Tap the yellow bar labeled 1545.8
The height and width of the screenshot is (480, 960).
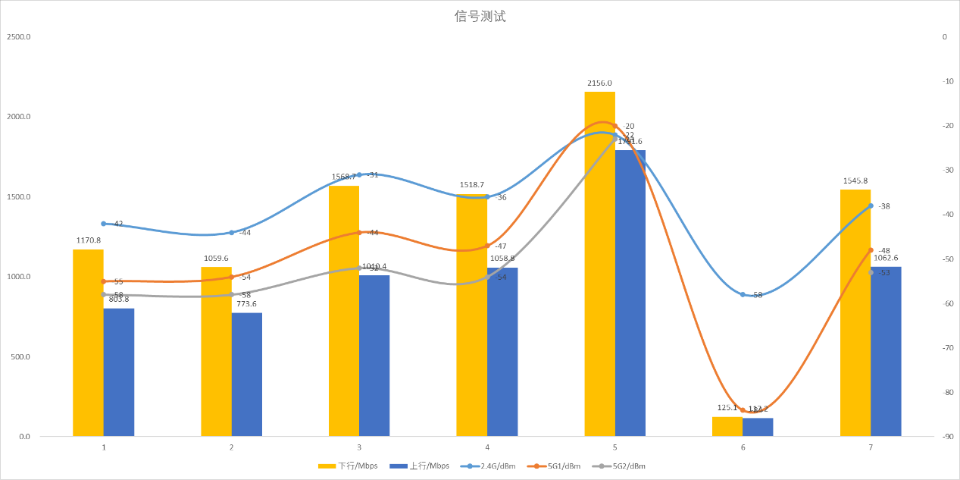pos(855,312)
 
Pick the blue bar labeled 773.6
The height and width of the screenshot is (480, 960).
pos(247,375)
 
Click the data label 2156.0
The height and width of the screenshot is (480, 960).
pos(599,83)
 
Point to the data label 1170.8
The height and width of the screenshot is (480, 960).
pos(88,240)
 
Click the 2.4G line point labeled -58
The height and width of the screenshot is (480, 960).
pos(743,294)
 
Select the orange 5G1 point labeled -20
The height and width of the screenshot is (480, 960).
pos(614,126)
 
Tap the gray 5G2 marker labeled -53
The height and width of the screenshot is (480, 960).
pos(871,272)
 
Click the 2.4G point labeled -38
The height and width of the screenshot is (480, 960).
pos(871,205)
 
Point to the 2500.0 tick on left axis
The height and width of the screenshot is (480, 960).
pos(17,36)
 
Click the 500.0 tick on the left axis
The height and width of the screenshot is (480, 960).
pos(20,357)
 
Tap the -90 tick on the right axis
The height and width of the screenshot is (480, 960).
pos(944,437)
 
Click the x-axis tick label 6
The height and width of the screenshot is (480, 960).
pos(743,447)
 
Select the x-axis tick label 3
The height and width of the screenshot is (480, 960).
pos(359,447)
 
